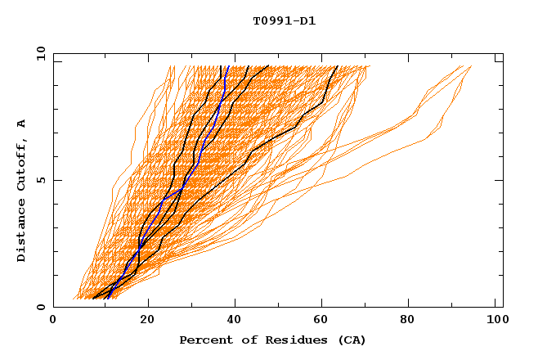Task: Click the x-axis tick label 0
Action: pos(53,322)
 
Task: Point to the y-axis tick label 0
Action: pos(40,308)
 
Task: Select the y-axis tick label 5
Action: pos(40,180)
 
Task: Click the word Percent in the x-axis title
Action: pos(204,340)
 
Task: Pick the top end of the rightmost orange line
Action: pos(472,66)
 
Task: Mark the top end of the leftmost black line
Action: pos(221,66)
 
